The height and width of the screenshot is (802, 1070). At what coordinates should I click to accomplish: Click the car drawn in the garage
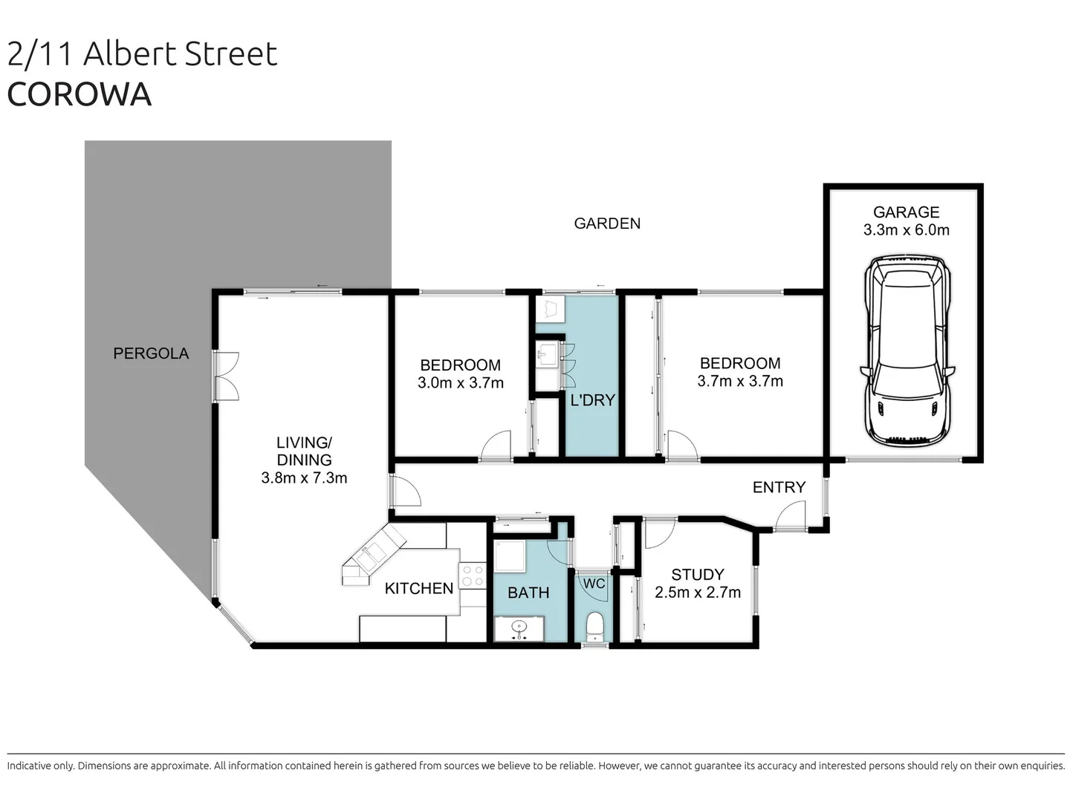click(907, 351)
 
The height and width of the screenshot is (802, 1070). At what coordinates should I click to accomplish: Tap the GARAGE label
click(906, 212)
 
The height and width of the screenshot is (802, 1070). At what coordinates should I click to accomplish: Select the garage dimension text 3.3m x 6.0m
click(906, 230)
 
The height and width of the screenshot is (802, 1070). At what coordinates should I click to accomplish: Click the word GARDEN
click(607, 224)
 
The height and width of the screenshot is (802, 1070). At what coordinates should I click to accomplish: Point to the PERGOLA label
click(151, 353)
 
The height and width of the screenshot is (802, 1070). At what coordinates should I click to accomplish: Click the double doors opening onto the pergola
click(226, 376)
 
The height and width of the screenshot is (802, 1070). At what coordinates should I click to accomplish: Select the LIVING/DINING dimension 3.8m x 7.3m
click(304, 478)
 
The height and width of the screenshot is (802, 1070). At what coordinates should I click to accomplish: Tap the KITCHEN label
click(419, 588)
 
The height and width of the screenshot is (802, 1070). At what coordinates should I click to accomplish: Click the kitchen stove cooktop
click(472, 576)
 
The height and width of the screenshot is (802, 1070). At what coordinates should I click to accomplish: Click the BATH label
click(528, 593)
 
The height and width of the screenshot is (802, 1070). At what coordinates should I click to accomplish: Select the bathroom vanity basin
click(519, 628)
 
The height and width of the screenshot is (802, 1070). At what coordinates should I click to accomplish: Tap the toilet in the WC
click(595, 627)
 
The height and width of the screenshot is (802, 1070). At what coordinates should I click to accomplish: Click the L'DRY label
click(592, 400)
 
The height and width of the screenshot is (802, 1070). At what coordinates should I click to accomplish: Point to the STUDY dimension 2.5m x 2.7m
click(697, 593)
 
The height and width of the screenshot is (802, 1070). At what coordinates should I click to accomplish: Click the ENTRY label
click(779, 487)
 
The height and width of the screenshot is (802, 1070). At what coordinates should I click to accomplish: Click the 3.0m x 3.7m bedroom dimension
click(460, 383)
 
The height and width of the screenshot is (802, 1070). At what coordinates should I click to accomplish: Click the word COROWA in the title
click(80, 94)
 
